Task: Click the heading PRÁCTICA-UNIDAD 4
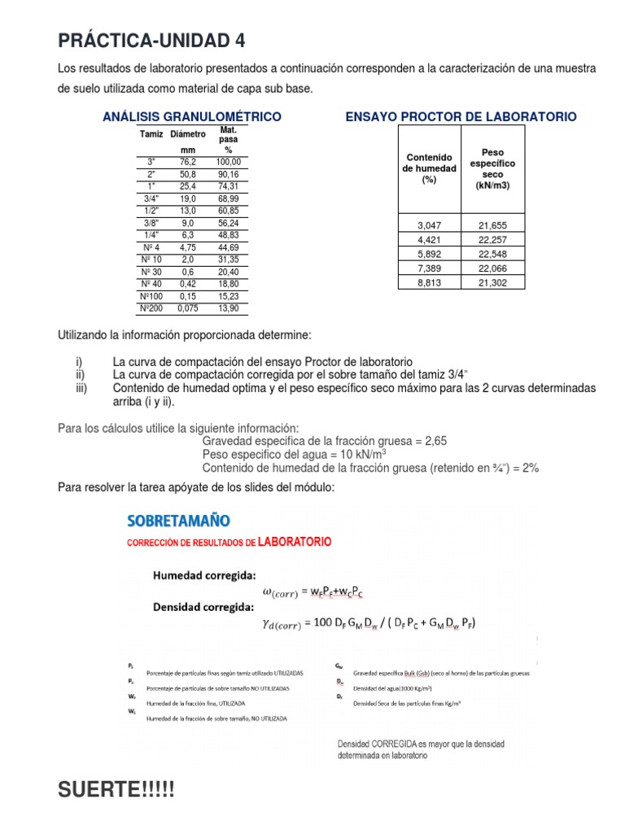coord(151,41)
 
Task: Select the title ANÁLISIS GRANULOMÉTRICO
coord(192,117)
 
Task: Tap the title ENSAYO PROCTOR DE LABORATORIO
coord(461,117)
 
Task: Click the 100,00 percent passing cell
coord(228,162)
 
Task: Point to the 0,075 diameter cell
coord(188,309)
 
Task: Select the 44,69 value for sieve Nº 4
coord(228,246)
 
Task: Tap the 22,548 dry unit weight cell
coord(492,253)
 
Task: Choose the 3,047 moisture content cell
coord(429,225)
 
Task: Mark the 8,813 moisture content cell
coord(429,281)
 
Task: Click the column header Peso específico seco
coord(492,169)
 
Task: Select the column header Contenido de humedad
coord(429,168)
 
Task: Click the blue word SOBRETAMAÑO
coord(178,519)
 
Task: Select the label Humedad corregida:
coord(204,574)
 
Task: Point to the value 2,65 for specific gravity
coord(432,441)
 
